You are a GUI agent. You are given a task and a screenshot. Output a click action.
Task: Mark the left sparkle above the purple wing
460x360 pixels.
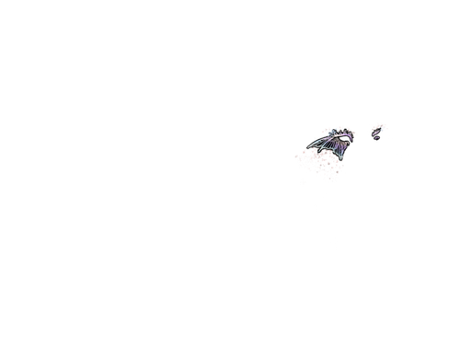pos(329,128)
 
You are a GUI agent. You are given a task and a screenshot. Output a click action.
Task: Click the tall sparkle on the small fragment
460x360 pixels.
pos(376,124)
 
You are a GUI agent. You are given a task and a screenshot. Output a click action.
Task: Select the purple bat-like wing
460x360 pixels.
pos(336,143)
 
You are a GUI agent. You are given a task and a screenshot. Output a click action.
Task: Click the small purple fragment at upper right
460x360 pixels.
pos(377,130)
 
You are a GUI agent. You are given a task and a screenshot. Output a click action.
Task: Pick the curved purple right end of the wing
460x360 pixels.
pos(352,135)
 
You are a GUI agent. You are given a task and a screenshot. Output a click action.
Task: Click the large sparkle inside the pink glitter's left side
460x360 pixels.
pos(306,156)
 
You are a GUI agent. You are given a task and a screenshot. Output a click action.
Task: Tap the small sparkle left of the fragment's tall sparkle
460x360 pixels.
pos(368,131)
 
